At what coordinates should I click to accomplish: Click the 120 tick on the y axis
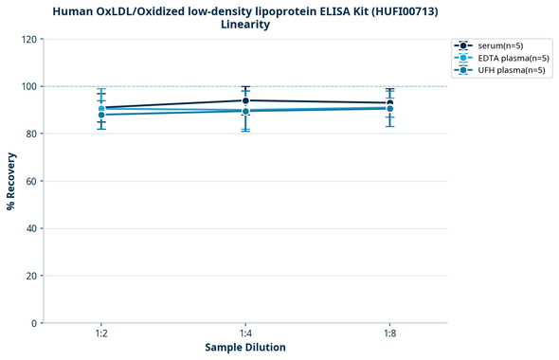point(30,39)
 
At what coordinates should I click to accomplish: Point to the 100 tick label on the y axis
point(30,86)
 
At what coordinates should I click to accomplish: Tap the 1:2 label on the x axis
point(101,334)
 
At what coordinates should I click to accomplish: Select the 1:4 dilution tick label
point(245,334)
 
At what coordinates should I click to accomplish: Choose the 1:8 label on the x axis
point(389,334)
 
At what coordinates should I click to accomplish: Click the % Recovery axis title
point(12,181)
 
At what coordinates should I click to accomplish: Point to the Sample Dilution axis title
point(245,348)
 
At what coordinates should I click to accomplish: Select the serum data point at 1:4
point(245,100)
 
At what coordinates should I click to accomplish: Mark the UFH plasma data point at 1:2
point(101,115)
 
